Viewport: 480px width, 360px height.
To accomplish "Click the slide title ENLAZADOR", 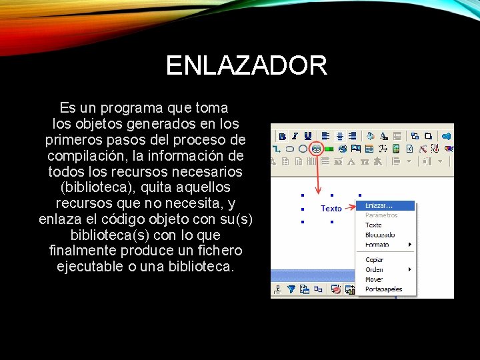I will tap(246, 66).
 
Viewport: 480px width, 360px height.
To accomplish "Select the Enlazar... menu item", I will tap(379, 205).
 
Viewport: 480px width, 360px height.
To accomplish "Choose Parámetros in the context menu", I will tap(381, 215).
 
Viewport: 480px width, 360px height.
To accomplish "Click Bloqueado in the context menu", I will tap(380, 235).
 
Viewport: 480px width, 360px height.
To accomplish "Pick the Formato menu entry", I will tap(377, 245).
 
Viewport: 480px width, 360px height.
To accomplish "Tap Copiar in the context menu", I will tap(374, 259).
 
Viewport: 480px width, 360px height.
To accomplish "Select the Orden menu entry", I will tap(374, 269).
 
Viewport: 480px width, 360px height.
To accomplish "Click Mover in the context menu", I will tap(374, 279).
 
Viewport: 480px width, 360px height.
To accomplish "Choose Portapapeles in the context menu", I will tap(383, 289).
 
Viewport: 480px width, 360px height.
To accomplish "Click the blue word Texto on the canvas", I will tap(331, 209).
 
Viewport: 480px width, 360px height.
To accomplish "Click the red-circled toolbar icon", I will tap(317, 148).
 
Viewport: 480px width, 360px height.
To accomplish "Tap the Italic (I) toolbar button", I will tap(295, 135).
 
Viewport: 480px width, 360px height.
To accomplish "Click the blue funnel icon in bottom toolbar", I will tap(291, 289).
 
